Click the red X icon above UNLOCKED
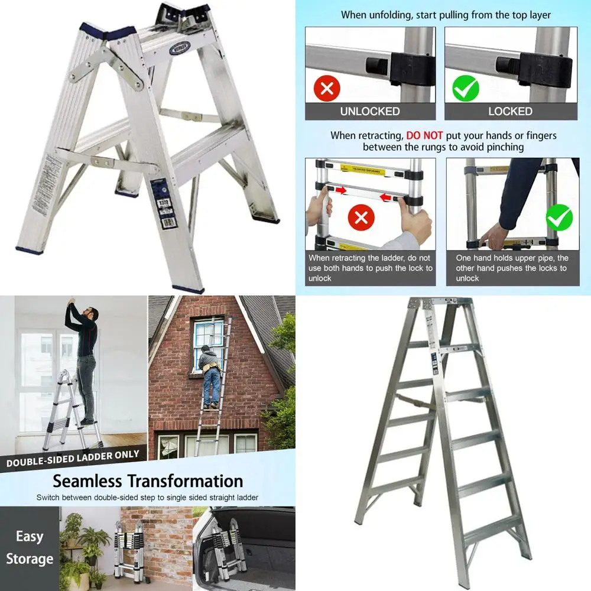[x=326, y=89]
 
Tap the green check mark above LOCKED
[x=466, y=89]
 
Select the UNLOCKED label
[x=370, y=111]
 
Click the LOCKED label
[x=510, y=111]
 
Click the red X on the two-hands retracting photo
[x=362, y=218]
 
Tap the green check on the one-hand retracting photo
[x=558, y=217]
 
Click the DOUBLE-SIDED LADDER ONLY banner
[x=73, y=458]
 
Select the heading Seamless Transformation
[x=148, y=480]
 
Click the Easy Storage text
[x=30, y=547]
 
